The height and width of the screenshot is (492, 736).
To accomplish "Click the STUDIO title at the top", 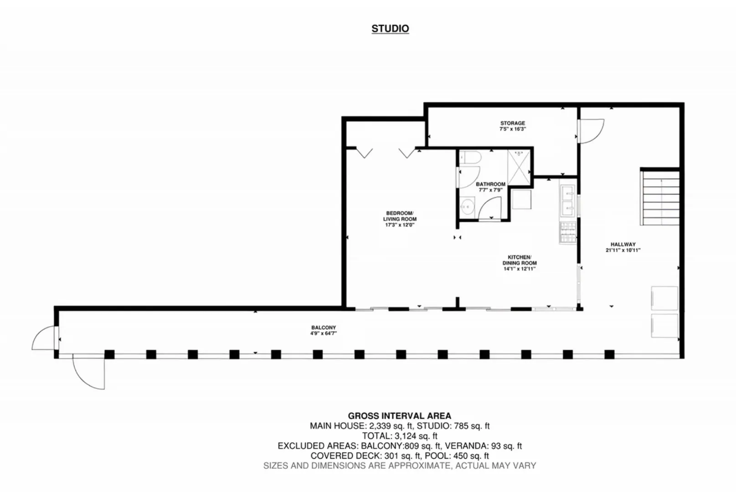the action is pyautogui.click(x=390, y=29).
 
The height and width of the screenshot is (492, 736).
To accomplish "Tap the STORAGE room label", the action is pyautogui.click(x=513, y=123).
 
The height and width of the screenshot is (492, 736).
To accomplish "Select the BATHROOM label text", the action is pyautogui.click(x=490, y=184).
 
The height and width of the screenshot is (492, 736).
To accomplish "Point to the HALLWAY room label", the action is pyautogui.click(x=623, y=244).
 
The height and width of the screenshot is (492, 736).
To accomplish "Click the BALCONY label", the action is pyautogui.click(x=324, y=328).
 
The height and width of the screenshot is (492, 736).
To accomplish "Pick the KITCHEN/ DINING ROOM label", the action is pyautogui.click(x=520, y=260).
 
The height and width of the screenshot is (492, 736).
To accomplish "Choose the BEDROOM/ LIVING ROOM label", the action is pyautogui.click(x=400, y=216).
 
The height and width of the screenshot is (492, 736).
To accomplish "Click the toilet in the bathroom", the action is pyautogui.click(x=470, y=157).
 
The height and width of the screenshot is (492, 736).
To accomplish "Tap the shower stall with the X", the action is pyautogui.click(x=519, y=167).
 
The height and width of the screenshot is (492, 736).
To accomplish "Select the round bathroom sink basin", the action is pyautogui.click(x=467, y=206).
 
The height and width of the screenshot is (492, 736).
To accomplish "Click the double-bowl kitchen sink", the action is pyautogui.click(x=568, y=201).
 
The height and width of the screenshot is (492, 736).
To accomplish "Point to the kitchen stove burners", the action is pyautogui.click(x=568, y=232).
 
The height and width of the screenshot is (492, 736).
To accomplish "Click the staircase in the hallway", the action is pyautogui.click(x=660, y=197).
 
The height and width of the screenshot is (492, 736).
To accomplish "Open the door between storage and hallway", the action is pyautogui.click(x=591, y=131).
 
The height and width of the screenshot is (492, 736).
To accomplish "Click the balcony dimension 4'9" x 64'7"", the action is pyautogui.click(x=324, y=333).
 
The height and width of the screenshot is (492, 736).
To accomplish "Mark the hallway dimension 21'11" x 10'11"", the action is pyautogui.click(x=623, y=250).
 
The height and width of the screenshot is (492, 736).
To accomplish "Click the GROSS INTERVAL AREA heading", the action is pyautogui.click(x=400, y=416).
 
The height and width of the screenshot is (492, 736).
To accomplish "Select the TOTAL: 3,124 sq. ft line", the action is pyautogui.click(x=400, y=436).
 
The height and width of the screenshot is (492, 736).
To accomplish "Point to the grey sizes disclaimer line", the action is pyautogui.click(x=400, y=466).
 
